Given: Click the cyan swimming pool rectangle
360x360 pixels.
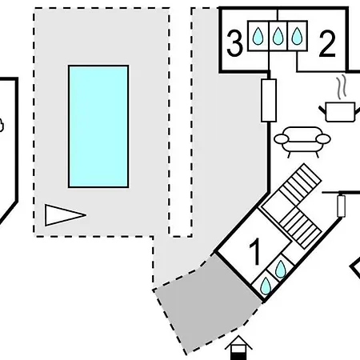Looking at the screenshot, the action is pos(98,126).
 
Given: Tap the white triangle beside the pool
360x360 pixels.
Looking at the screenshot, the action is pos(64,215).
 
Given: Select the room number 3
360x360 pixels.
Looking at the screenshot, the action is pos(234,43).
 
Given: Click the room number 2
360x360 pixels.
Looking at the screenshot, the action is pos(327,44).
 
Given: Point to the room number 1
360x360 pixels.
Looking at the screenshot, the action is pos(255,251).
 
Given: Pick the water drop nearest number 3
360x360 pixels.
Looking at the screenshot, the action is pos(258,36).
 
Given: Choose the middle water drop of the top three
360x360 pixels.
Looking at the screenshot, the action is pos(278,36).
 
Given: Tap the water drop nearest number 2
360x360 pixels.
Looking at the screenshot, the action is pos(297,36).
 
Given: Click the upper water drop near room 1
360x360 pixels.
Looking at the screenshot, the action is pos(281,270).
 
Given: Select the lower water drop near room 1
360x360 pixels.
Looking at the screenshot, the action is pos(266,286).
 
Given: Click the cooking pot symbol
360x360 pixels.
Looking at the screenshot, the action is pos(339,112).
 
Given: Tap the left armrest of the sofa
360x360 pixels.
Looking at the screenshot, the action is pos(282,139).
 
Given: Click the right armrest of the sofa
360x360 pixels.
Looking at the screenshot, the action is pos(323,139).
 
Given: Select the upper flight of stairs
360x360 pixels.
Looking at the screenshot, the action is pos(300,184).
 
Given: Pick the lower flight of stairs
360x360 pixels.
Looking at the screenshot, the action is pos(301,228).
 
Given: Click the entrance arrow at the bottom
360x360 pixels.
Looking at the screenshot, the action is pos(238,348).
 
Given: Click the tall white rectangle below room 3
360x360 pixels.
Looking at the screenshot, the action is pos(269,100).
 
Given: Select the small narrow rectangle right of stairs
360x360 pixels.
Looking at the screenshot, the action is pos(342,206).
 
